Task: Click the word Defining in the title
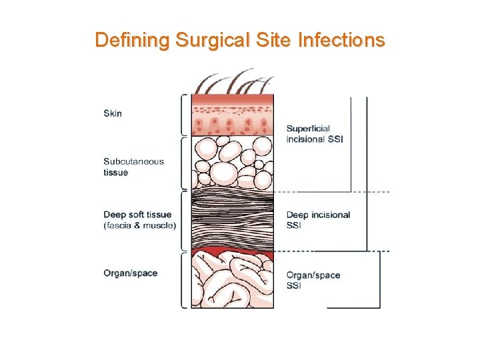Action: pos(132,40)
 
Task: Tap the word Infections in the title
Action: pos(341,40)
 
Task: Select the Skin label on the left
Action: pos(113,113)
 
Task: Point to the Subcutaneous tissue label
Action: pos(133,167)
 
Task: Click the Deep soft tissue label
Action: pos(137,215)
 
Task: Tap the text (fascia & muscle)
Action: pos(140,225)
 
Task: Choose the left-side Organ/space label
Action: pos(131,273)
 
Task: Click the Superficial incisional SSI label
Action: pos(314,134)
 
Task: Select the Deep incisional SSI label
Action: pos(318,220)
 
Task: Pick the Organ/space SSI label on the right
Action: pos(313,280)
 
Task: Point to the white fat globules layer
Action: pos(233,163)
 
